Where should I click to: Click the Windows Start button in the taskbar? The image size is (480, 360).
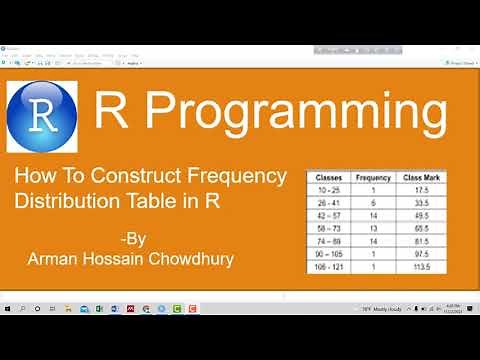pyautogui.click(x=8, y=309)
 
